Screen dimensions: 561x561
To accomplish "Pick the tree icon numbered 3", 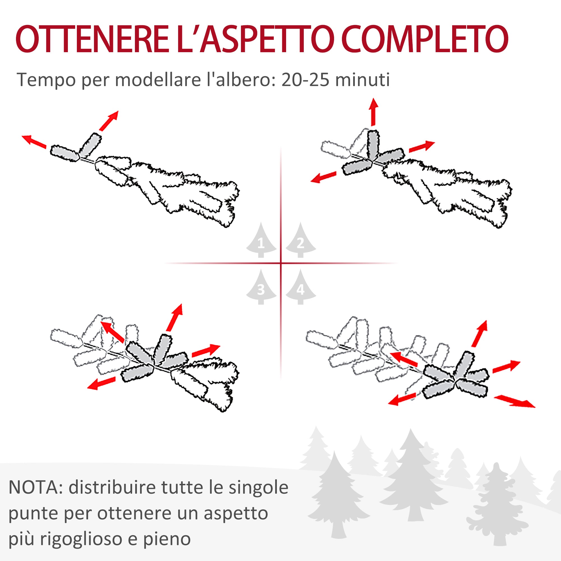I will click(261, 288).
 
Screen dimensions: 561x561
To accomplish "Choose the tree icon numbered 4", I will click(300, 288).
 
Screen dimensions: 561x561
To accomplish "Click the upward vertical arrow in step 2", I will click(373, 112).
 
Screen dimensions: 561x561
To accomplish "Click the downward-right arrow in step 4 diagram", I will click(514, 401).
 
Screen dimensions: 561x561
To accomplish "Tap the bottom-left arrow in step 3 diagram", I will click(101, 383).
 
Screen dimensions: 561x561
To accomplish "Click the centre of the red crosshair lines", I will click(281, 263).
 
